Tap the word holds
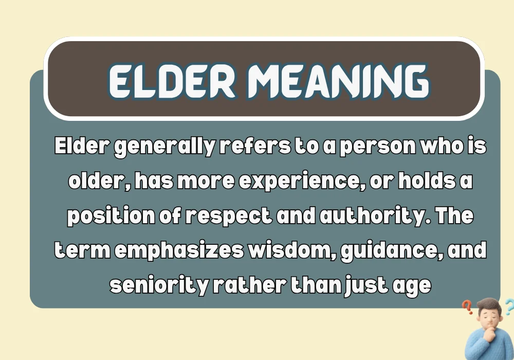[x=430, y=182]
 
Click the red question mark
[x=467, y=308]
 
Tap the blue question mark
[x=508, y=307]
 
